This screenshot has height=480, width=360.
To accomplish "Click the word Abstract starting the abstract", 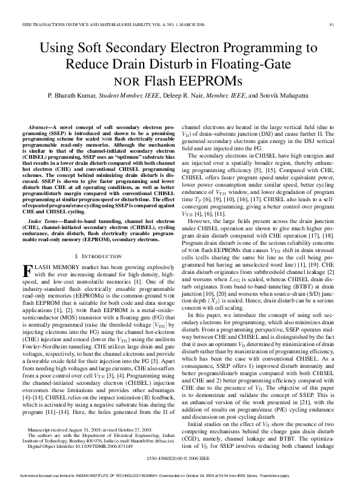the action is [x=49, y=121].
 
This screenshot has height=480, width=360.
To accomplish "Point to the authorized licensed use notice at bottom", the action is [x=180, y=476].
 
